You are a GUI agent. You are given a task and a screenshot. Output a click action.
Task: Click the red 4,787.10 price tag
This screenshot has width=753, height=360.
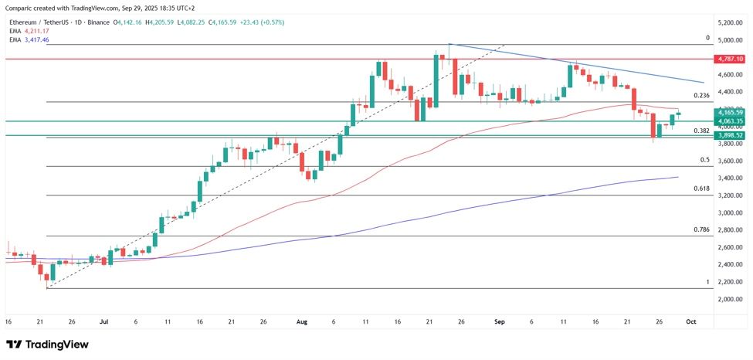[x=730, y=59]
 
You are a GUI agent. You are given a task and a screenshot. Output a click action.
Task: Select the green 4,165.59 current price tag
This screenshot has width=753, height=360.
[x=730, y=113]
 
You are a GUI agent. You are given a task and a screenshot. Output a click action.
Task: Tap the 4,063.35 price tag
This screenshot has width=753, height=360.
[x=730, y=121]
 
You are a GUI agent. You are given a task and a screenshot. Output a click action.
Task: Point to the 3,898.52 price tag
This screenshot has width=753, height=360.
[x=730, y=135]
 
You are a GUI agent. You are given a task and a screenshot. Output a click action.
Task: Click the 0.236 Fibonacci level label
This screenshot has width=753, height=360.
[x=701, y=96]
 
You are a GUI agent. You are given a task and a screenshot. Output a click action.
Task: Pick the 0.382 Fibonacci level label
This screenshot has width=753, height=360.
[x=701, y=131]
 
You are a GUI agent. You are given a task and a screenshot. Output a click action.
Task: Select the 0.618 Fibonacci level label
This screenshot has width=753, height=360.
[x=701, y=188]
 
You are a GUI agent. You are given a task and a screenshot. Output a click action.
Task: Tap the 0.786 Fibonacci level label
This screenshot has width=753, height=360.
[x=701, y=229]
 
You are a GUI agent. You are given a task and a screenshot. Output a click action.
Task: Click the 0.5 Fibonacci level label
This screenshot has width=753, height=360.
[x=704, y=160]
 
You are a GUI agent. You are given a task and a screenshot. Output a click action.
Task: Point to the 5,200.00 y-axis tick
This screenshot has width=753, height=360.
[x=730, y=23]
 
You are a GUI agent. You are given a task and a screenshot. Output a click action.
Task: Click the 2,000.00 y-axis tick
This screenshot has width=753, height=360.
[x=730, y=299]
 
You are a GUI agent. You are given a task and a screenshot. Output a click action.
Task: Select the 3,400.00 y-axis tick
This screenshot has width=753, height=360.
[x=730, y=178]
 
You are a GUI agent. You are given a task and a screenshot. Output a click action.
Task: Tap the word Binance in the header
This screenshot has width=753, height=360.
[x=98, y=22]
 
